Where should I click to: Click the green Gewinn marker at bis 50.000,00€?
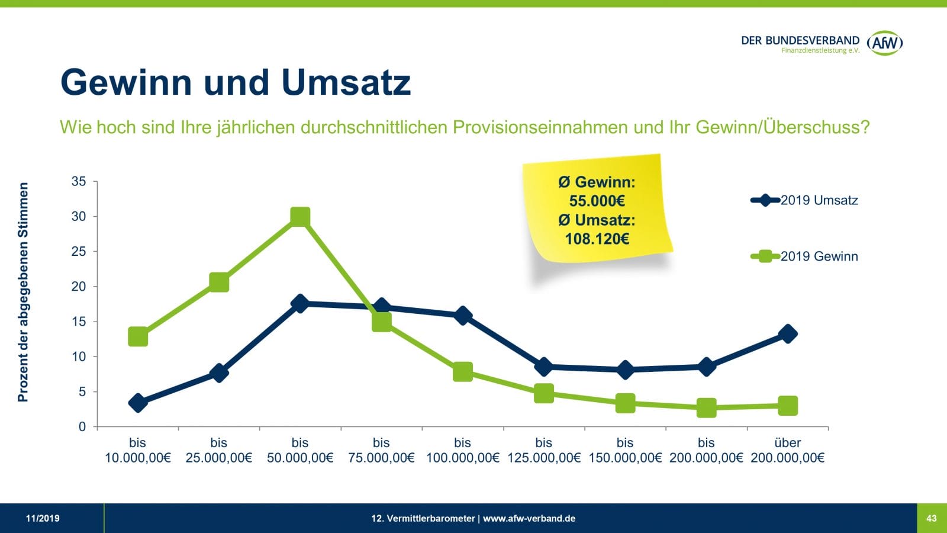tap(300, 217)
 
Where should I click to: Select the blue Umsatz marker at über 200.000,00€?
tap(787, 334)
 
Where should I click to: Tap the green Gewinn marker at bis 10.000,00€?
tap(138, 337)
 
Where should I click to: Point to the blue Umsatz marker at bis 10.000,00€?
tap(138, 403)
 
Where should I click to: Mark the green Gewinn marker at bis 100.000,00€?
tap(463, 372)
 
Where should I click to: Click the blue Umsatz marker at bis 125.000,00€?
tap(543, 367)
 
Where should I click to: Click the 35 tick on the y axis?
tap(79, 182)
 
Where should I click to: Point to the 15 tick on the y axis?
tap(79, 322)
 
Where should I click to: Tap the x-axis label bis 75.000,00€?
tap(381, 450)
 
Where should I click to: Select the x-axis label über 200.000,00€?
tap(787, 450)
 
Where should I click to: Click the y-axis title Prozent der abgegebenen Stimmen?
tap(23, 292)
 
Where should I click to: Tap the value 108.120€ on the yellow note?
tap(597, 239)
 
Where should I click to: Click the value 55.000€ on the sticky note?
tap(597, 201)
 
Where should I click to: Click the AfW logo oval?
tap(885, 43)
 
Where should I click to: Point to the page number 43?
tap(932, 518)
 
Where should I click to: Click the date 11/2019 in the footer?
tap(43, 518)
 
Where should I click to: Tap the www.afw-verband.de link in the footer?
tap(529, 518)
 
